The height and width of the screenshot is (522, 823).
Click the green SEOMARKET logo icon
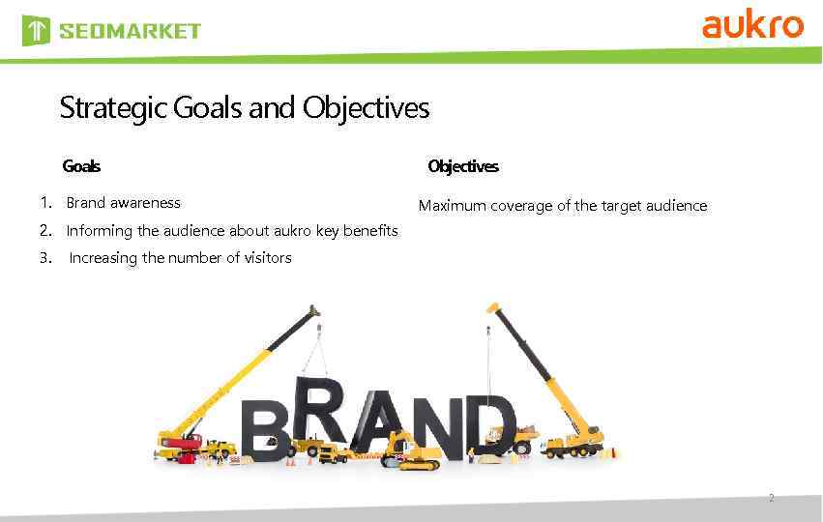coord(36,31)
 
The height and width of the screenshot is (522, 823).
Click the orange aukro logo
coord(752,24)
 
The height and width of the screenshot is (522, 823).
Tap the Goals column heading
coord(81,166)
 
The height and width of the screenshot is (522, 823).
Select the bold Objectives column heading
coord(463,166)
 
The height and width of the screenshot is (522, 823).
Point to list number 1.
coord(45,203)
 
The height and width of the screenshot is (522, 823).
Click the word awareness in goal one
coord(145,203)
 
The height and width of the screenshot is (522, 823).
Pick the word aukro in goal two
coord(293,230)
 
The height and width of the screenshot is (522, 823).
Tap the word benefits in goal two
coord(366,230)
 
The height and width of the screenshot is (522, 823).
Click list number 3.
coord(45,257)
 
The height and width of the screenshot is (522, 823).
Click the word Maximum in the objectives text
coord(452,206)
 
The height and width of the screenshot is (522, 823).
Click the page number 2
coord(771,499)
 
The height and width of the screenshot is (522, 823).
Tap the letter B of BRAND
coord(263,431)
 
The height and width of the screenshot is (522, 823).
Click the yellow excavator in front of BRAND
coord(412,453)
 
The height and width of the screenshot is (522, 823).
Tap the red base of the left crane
coord(180,447)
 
